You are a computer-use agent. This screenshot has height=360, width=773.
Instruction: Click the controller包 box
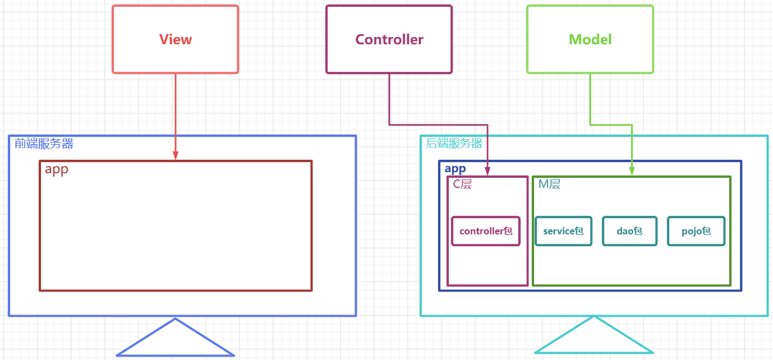click(x=486, y=231)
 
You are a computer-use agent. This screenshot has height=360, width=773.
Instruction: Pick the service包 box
click(x=563, y=231)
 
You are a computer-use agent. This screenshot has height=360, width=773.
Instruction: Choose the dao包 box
click(x=629, y=231)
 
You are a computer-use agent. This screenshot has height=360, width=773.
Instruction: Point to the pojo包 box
click(x=696, y=231)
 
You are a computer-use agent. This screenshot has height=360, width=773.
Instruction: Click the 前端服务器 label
click(x=44, y=144)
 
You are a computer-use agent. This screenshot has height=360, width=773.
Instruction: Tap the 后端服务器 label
click(x=454, y=144)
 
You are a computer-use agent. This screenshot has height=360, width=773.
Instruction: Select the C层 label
click(x=462, y=184)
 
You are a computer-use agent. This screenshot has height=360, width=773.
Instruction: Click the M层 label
click(x=549, y=184)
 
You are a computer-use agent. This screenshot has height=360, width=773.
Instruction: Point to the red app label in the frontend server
click(x=57, y=169)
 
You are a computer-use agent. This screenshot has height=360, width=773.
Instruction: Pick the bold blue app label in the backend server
click(x=455, y=169)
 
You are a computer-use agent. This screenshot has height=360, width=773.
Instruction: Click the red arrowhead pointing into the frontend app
click(x=176, y=155)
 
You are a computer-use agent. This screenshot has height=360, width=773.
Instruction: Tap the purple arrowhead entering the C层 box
click(x=487, y=172)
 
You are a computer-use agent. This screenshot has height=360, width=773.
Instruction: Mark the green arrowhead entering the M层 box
click(x=632, y=172)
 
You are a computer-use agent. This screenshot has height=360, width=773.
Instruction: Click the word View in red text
click(x=175, y=40)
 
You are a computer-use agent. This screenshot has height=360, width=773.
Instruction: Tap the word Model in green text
click(x=590, y=40)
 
